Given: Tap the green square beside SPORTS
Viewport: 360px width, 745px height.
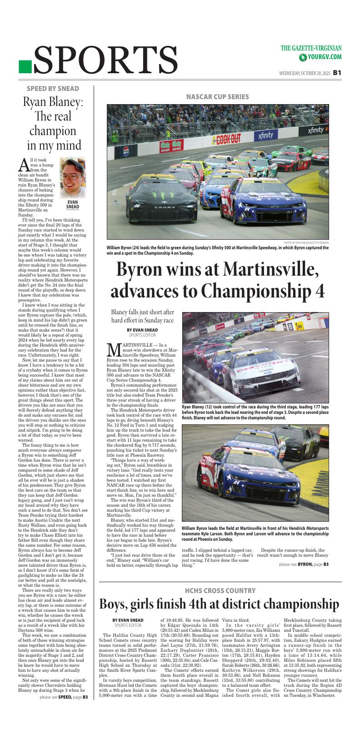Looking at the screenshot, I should (x=25, y=67).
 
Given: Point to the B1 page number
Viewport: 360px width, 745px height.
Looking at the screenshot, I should (x=337, y=72).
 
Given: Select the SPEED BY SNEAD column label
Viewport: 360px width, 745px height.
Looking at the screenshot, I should (x=53, y=89).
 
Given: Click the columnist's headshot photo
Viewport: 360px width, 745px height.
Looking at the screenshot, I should (x=73, y=177).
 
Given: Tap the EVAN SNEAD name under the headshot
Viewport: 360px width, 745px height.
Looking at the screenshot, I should (x=73, y=204).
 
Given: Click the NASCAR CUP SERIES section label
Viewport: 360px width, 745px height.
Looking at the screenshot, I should (x=217, y=96).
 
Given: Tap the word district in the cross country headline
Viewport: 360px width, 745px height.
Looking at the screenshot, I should (x=236, y=604).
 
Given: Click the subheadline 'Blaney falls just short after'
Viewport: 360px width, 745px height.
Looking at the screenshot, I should (x=142, y=312).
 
